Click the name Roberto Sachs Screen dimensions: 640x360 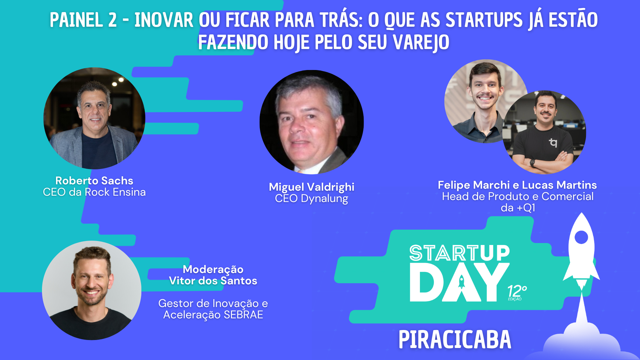94,181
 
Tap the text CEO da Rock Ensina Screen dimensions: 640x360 94,192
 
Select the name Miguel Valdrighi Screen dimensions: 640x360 312,187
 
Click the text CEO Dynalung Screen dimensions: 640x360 312,198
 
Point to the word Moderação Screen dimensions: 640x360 213,269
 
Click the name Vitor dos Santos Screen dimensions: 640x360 213,281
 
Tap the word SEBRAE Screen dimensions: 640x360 244,315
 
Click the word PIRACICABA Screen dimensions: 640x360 455,340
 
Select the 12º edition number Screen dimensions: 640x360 517,292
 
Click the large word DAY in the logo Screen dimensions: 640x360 460,282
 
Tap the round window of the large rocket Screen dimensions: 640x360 581,238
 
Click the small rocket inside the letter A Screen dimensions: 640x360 462,282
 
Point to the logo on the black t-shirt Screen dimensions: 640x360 553,143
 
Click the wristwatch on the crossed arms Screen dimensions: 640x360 532,163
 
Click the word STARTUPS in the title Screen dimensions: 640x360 484,20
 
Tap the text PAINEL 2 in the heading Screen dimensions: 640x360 83,20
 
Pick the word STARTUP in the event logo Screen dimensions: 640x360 460,253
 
